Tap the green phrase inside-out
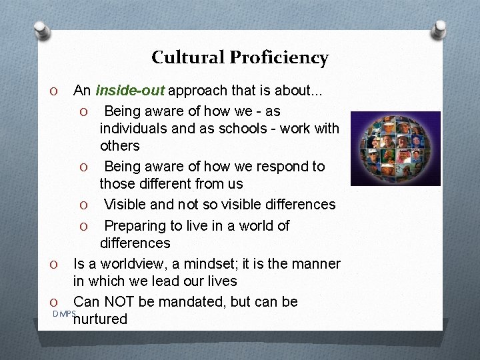pos(131,90)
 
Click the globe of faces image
pos(396,148)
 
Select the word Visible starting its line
pos(127,204)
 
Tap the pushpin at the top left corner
pos(41,30)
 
